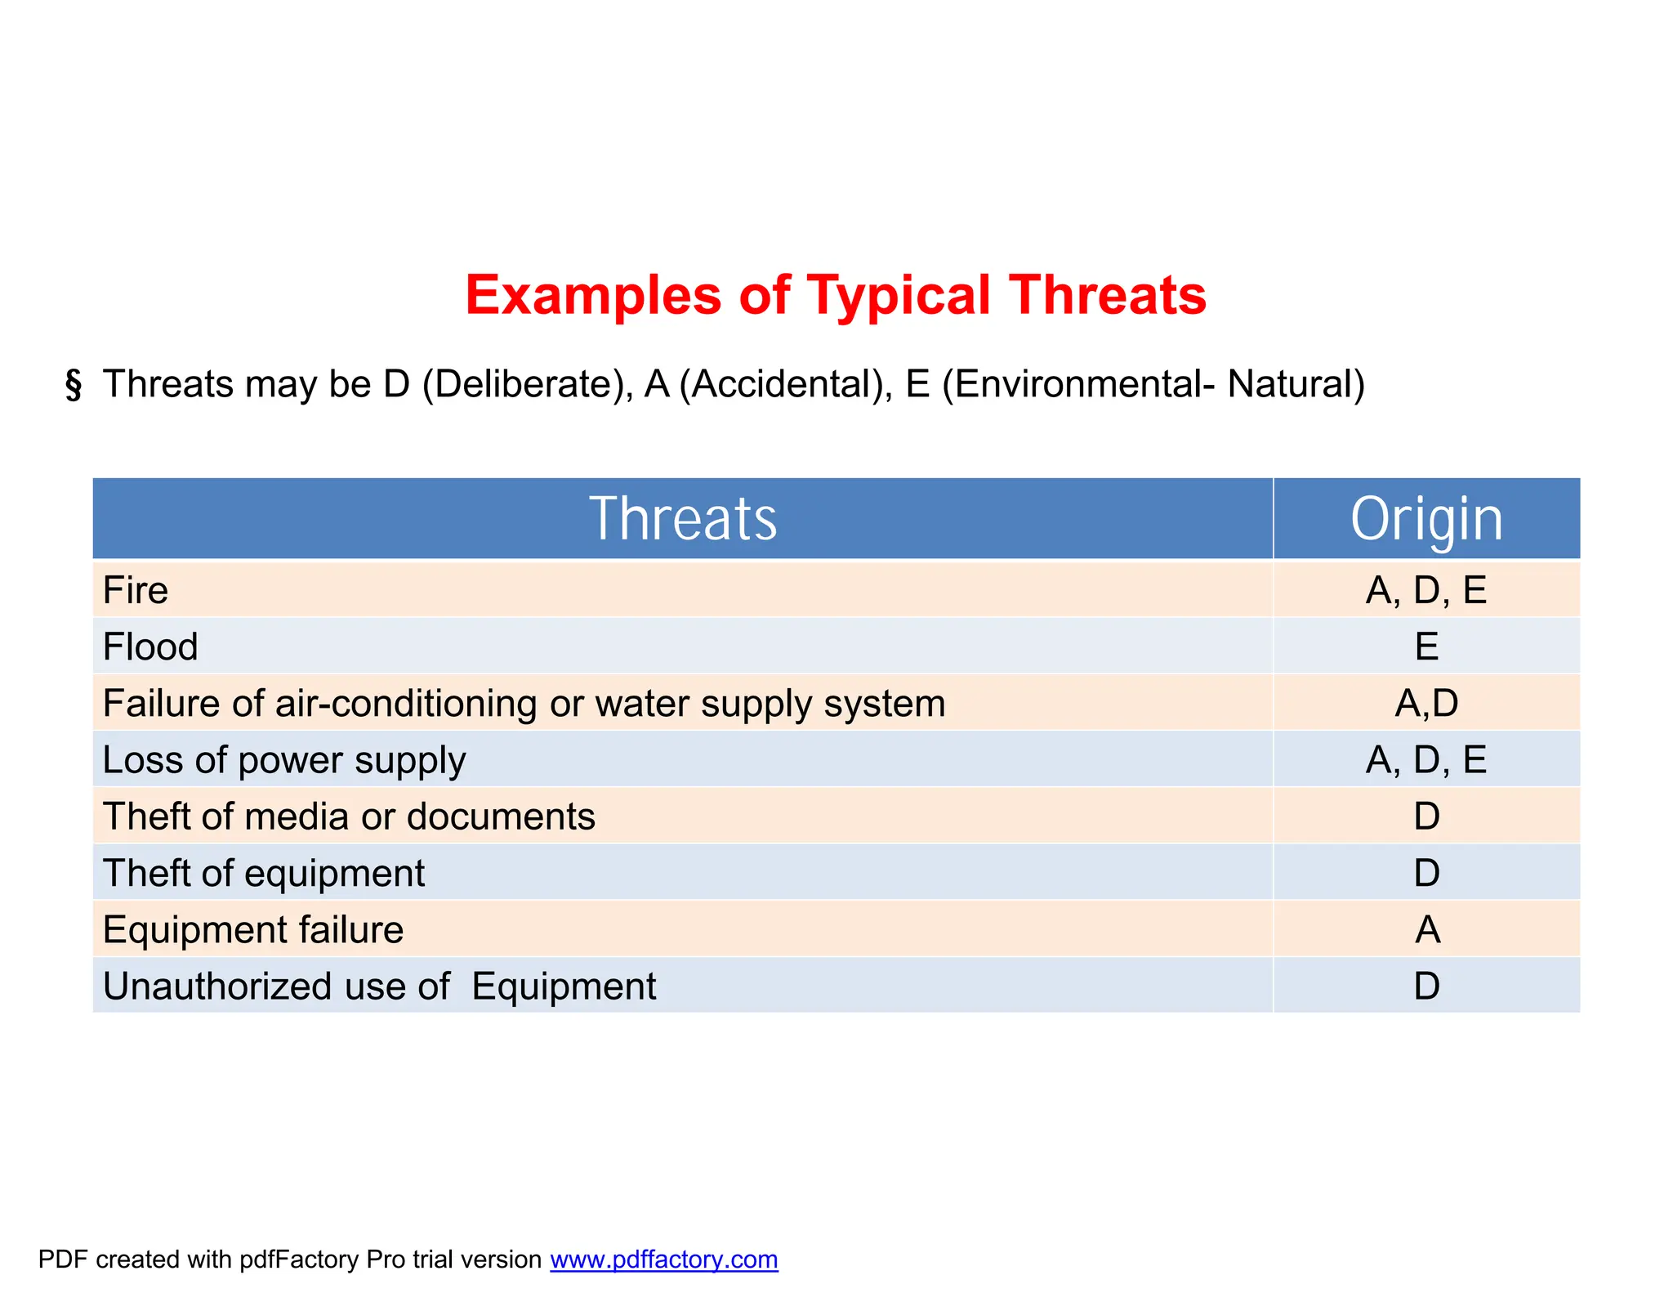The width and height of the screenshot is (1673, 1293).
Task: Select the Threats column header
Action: tap(683, 518)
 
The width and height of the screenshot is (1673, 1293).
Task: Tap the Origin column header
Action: tap(1426, 518)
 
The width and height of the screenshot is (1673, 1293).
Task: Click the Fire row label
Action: tap(136, 590)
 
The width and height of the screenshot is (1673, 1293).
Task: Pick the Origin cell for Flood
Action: tap(1426, 646)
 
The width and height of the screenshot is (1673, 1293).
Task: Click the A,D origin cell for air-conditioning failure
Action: tap(1426, 703)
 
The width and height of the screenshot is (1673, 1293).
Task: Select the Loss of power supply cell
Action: tap(284, 760)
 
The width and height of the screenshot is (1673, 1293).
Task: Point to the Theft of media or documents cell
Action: tap(349, 817)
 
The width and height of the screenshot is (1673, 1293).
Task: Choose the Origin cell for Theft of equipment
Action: tap(1426, 873)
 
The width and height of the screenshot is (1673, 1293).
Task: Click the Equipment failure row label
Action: tap(253, 930)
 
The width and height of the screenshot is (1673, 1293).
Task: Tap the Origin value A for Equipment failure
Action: tap(1427, 930)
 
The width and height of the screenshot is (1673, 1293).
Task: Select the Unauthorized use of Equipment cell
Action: tap(379, 987)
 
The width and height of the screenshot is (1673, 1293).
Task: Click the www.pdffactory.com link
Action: tap(663, 1259)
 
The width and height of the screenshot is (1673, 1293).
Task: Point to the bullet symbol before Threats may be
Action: tap(74, 385)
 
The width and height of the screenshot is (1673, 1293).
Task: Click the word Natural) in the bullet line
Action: tap(1296, 384)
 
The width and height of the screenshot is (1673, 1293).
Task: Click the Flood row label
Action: tap(150, 646)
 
